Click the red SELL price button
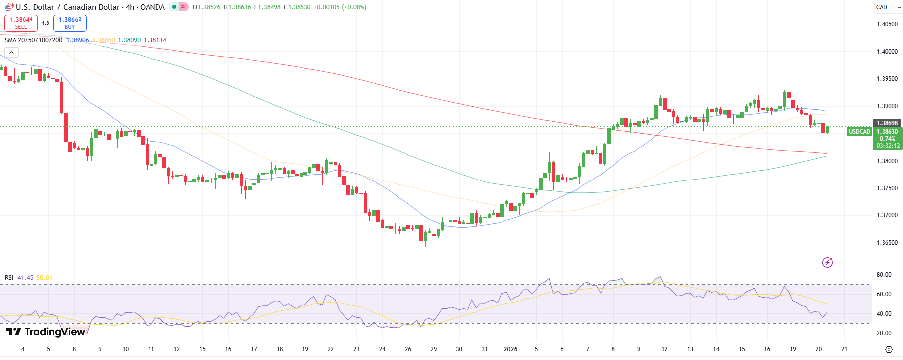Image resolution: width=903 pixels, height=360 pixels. click(21, 23)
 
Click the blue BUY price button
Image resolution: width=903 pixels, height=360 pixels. click(70, 23)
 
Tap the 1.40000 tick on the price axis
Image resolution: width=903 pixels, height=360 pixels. click(887, 52)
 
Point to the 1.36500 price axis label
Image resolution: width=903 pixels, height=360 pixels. click(887, 243)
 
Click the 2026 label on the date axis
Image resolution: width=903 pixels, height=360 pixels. click(510, 349)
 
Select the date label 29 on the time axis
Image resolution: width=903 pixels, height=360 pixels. click(434, 349)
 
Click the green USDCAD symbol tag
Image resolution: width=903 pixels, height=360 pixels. click(859, 132)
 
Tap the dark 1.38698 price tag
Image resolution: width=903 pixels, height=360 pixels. click(887, 123)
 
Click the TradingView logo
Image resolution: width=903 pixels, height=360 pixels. click(46, 332)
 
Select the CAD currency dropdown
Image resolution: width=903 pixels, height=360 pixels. click(887, 7)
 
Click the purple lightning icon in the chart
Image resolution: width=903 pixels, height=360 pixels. click(827, 262)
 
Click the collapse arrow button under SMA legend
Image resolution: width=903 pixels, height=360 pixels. click(11, 52)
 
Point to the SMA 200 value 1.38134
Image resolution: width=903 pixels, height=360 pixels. click(155, 40)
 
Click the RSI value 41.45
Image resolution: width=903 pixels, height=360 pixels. click(25, 278)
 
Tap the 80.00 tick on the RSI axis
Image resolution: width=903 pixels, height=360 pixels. click(884, 275)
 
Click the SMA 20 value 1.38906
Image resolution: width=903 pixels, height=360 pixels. click(77, 40)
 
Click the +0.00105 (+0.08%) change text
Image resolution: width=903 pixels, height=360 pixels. click(339, 7)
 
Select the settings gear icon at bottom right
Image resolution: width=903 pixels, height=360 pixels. click(888, 349)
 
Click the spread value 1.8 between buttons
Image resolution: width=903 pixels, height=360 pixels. click(45, 23)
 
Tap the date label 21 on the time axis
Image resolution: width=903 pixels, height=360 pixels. click(844, 349)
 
